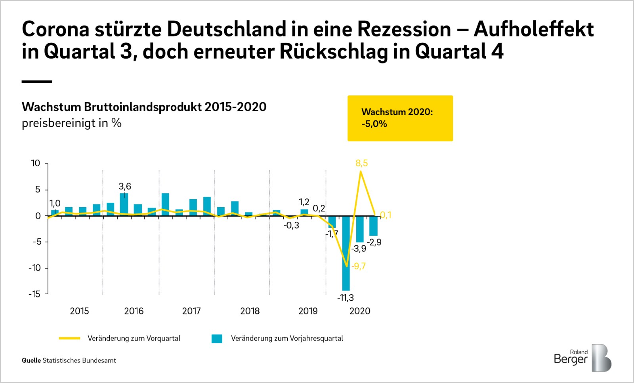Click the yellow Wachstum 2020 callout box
click(x=400, y=118)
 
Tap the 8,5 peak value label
click(x=361, y=163)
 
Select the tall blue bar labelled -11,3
click(x=346, y=253)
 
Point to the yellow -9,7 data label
click(x=359, y=266)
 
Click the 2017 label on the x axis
click(x=191, y=311)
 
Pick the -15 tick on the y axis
click(x=34, y=294)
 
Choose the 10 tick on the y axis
click(x=36, y=163)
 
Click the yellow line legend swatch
click(x=70, y=338)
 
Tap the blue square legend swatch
click(x=217, y=339)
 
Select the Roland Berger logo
click(x=582, y=358)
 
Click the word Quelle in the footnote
click(x=31, y=360)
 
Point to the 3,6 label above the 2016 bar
click(x=125, y=186)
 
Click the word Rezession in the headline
click(x=404, y=29)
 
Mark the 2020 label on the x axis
click(x=360, y=311)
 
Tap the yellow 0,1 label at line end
click(x=386, y=215)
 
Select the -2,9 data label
click(x=374, y=242)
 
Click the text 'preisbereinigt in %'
click(x=72, y=123)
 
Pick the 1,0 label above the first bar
click(x=55, y=203)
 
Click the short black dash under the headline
click(x=37, y=82)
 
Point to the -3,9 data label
click(x=359, y=248)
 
